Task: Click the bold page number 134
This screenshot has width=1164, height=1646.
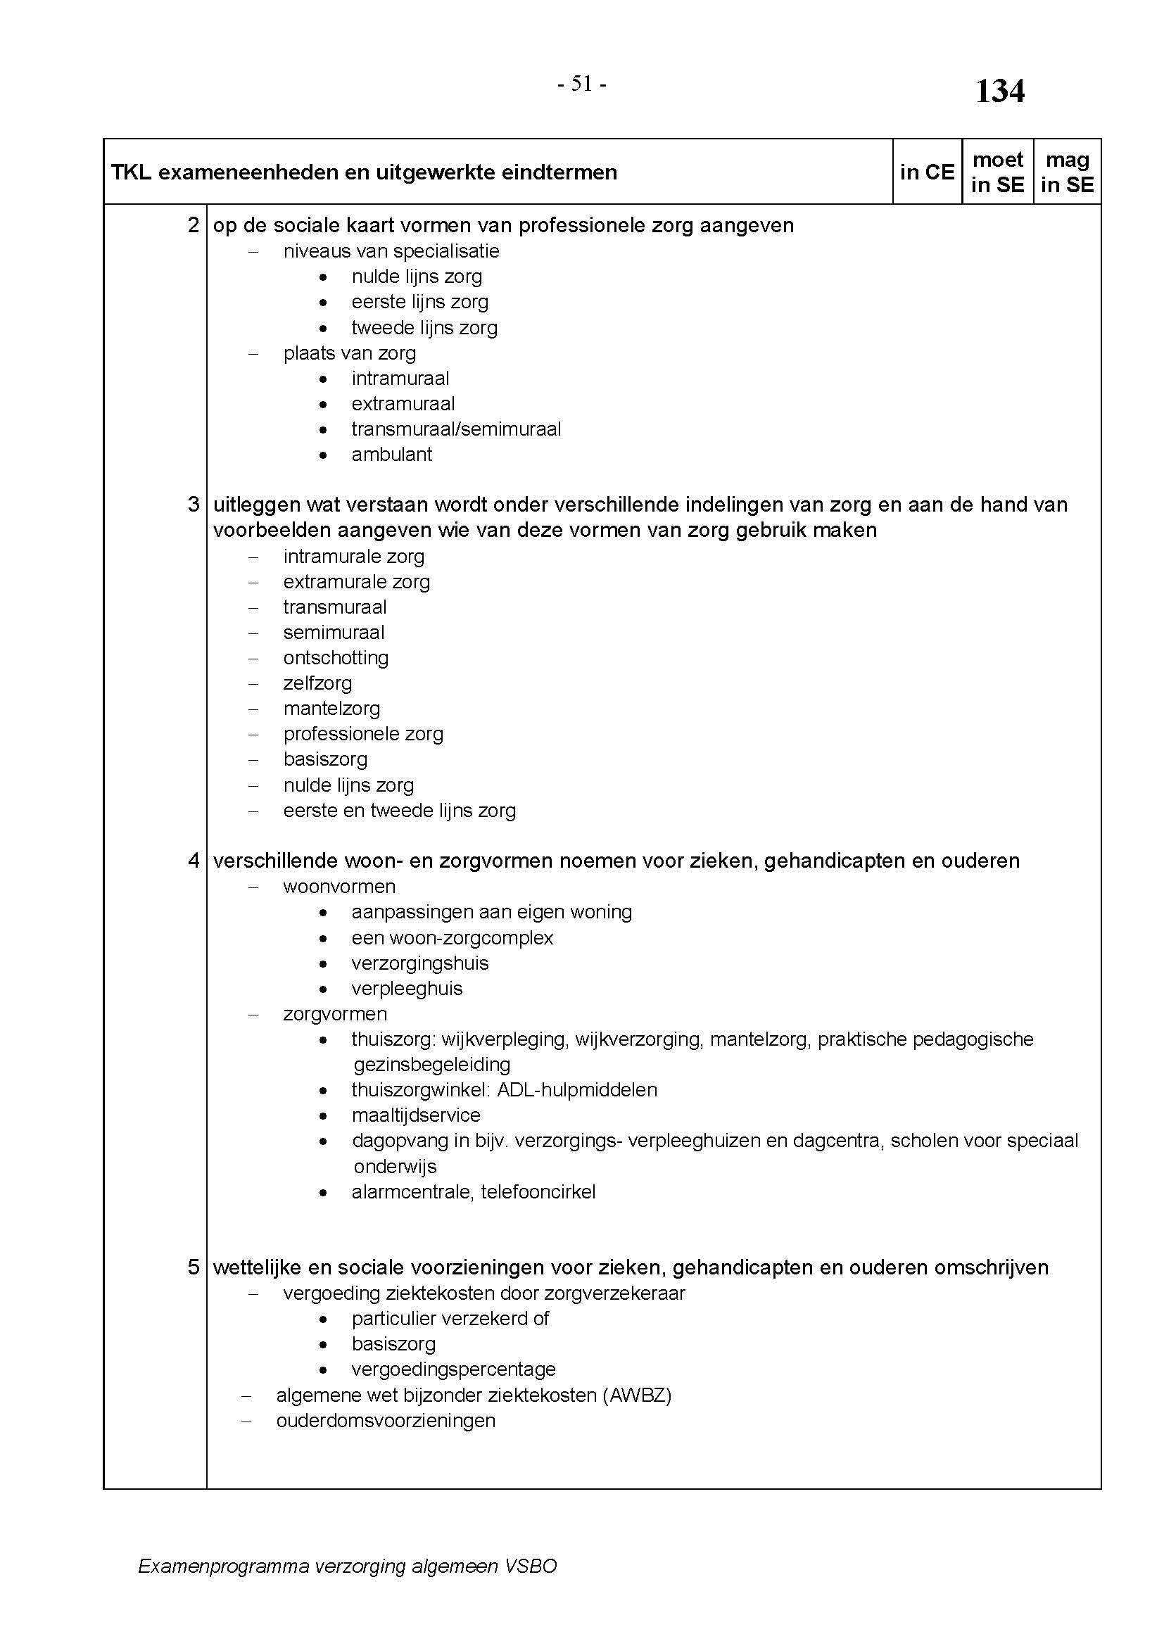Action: (1000, 91)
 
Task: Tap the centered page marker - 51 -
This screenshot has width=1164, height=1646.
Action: (582, 84)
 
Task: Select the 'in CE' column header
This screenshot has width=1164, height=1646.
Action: (927, 172)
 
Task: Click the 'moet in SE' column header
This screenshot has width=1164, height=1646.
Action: (997, 172)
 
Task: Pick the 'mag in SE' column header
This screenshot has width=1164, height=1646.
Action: (1068, 172)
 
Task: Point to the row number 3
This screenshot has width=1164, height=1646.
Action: (194, 505)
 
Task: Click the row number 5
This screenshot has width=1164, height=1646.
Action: (194, 1267)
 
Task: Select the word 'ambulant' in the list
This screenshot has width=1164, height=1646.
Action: (391, 455)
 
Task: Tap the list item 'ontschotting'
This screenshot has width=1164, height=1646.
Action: (336, 658)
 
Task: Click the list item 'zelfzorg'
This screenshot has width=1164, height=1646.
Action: (317, 683)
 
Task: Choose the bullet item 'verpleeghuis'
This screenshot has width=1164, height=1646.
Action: (406, 989)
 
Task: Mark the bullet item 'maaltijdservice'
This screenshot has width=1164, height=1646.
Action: (416, 1115)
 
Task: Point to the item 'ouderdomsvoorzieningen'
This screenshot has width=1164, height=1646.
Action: (386, 1421)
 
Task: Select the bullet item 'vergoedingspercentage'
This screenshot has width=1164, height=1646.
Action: (453, 1369)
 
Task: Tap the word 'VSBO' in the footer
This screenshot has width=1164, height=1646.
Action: (531, 1566)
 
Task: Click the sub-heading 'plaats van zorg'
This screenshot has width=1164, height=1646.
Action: (349, 353)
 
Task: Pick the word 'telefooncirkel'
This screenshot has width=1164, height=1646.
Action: (538, 1191)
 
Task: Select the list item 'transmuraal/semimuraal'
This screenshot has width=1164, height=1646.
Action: (456, 429)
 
